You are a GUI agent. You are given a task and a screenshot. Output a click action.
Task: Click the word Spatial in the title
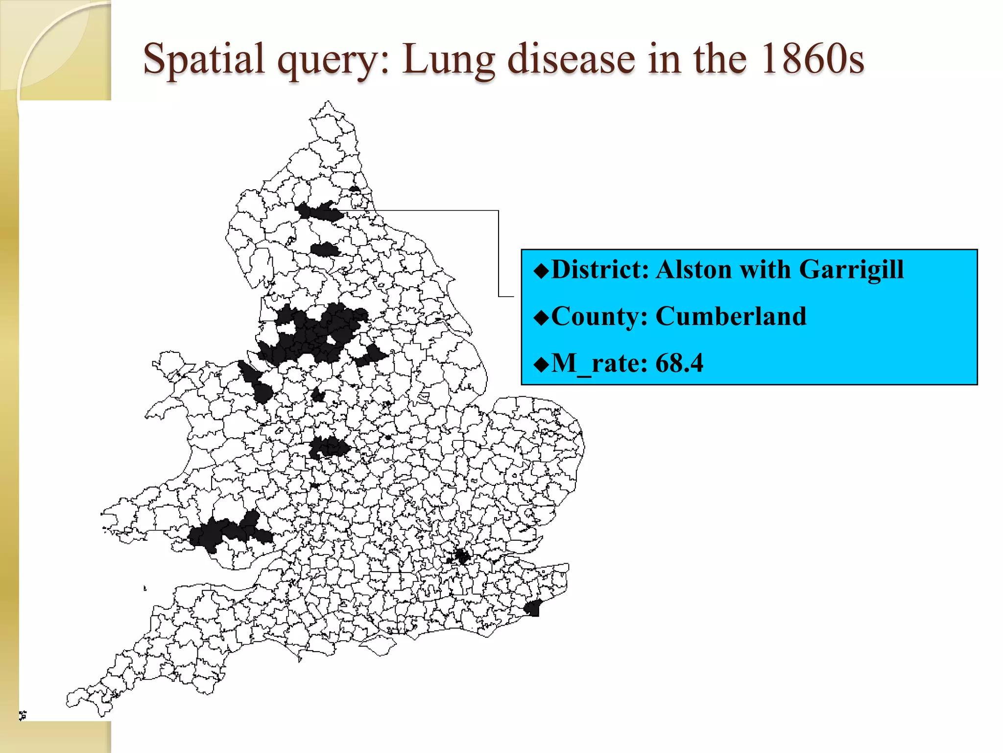pyautogui.click(x=204, y=60)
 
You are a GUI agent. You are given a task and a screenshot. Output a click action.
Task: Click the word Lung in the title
pyautogui.click(x=449, y=60)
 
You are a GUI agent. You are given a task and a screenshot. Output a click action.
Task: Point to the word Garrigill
pyautogui.click(x=851, y=269)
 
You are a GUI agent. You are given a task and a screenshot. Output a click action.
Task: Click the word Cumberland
pyautogui.click(x=730, y=316)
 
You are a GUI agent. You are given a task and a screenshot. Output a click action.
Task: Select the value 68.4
pyautogui.click(x=679, y=363)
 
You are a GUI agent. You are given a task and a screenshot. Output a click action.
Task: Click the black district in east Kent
pyautogui.click(x=533, y=608)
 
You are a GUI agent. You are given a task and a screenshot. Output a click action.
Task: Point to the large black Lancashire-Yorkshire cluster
pyautogui.click(x=318, y=333)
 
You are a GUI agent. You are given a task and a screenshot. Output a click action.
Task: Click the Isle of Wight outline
pyautogui.click(x=380, y=646)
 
